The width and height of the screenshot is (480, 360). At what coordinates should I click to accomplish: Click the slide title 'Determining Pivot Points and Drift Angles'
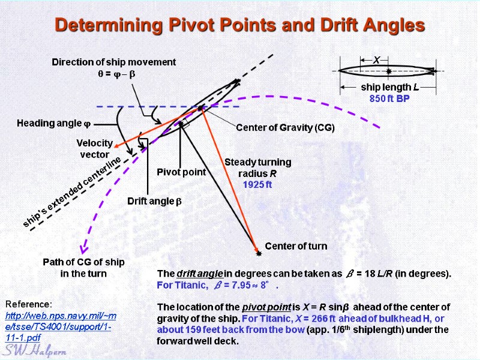pyautogui.click(x=239, y=26)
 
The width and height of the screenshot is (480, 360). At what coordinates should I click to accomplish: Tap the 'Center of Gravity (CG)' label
pyautogui.click(x=285, y=128)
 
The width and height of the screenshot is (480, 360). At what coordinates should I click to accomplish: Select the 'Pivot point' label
pyautogui.click(x=181, y=172)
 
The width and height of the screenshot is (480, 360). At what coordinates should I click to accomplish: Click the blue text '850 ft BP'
pyautogui.click(x=389, y=98)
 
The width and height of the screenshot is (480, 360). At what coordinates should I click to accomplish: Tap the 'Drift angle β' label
pyautogui.click(x=154, y=201)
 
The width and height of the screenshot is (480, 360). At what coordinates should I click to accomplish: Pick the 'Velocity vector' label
pyautogui.click(x=95, y=149)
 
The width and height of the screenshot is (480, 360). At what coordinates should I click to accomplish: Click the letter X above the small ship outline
pyautogui.click(x=377, y=60)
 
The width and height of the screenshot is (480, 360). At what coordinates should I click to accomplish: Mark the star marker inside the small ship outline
pyautogui.click(x=389, y=71)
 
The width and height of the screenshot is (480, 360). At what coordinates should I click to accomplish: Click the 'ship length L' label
pyautogui.click(x=389, y=88)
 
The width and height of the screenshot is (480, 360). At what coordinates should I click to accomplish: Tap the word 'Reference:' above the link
pyautogui.click(x=29, y=304)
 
